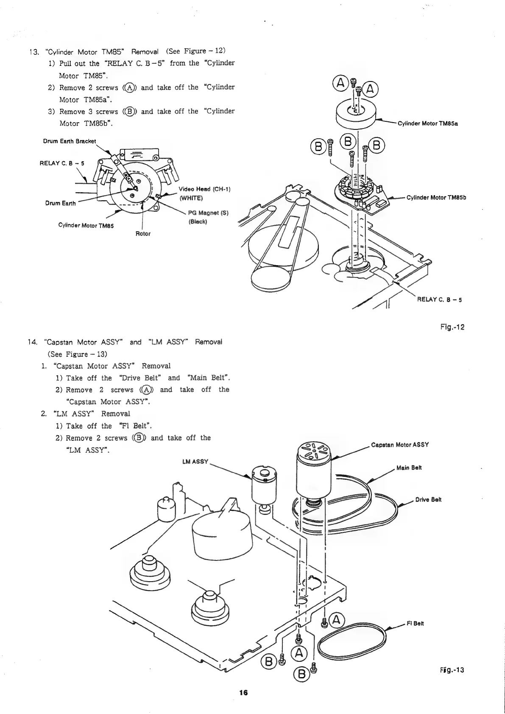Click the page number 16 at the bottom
(243, 693)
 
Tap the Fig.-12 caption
(452, 327)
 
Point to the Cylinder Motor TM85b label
(436, 197)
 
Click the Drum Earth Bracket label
(70, 141)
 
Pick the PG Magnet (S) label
(208, 213)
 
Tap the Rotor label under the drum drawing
(143, 233)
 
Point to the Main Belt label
(409, 468)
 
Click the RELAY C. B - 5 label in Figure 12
(439, 300)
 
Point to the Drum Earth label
(60, 203)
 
